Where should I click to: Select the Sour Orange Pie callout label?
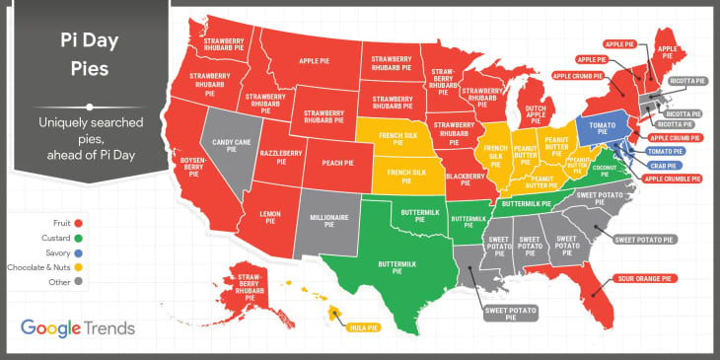pos(644,279)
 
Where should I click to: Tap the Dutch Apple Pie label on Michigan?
pos(535,113)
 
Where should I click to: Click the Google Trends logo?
pos(77,328)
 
